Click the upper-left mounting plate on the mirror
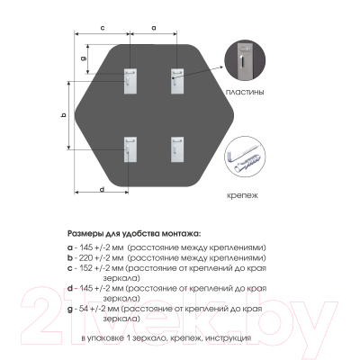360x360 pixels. (x=130, y=81)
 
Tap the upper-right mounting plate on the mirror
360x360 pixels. (x=177, y=81)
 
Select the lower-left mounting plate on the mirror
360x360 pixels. (x=130, y=149)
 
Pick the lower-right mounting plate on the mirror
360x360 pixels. (x=177, y=149)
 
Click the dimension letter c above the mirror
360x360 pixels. (x=103, y=28)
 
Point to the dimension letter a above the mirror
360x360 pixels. (x=154, y=28)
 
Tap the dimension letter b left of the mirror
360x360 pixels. (x=63, y=114)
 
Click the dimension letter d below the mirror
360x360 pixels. (x=102, y=189)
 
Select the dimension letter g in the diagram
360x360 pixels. (x=84, y=58)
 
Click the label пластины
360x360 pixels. (x=245, y=92)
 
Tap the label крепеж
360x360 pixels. (x=242, y=196)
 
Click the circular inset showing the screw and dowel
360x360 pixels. (x=245, y=157)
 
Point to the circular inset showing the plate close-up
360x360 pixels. (x=245, y=60)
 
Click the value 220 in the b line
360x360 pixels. (x=85, y=258)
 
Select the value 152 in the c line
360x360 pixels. (x=86, y=268)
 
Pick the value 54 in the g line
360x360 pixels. (x=83, y=309)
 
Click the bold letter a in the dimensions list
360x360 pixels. (x=70, y=248)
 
